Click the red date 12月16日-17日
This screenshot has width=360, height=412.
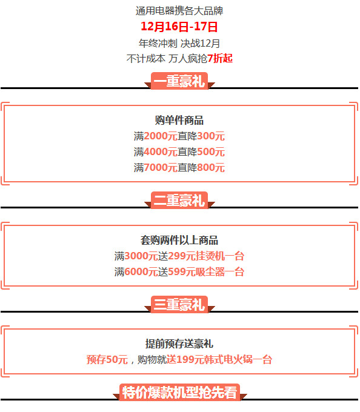click(179, 27)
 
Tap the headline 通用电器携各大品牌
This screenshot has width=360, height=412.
click(179, 11)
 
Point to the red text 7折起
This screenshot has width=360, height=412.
click(220, 58)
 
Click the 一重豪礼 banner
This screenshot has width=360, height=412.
click(179, 81)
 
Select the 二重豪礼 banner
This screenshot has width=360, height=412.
click(179, 200)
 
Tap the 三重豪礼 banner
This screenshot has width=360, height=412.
click(179, 304)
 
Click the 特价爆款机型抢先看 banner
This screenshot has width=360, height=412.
click(180, 392)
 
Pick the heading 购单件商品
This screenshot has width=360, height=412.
click(179, 121)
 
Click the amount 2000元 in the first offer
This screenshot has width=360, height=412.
click(161, 136)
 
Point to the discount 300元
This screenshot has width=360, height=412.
click(211, 136)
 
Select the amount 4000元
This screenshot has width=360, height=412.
click(161, 152)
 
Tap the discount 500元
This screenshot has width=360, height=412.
click(211, 152)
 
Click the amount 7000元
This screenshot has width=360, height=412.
click(161, 168)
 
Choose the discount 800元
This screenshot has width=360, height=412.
click(211, 168)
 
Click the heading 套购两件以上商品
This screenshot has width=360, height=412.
click(179, 240)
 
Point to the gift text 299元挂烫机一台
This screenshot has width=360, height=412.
click(206, 256)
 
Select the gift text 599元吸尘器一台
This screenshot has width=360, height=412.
click(206, 271)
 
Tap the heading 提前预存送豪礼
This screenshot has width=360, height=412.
click(179, 344)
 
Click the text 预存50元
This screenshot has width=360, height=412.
click(107, 359)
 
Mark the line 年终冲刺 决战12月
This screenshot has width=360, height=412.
click(179, 44)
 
